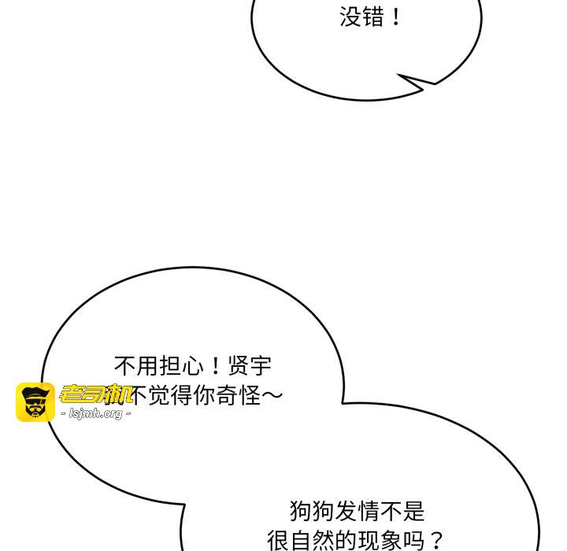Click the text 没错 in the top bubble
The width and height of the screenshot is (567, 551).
[361, 17]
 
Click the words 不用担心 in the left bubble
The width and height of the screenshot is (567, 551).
[158, 366]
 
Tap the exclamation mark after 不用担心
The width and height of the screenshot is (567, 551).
[214, 366]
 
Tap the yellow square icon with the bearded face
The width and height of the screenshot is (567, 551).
[35, 402]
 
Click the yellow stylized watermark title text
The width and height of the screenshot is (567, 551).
[96, 394]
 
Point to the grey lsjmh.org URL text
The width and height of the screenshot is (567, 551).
[95, 413]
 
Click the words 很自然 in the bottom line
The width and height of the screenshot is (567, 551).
[300, 541]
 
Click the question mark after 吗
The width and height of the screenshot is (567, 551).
[436, 541]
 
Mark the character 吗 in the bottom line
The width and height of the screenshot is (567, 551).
[413, 541]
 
